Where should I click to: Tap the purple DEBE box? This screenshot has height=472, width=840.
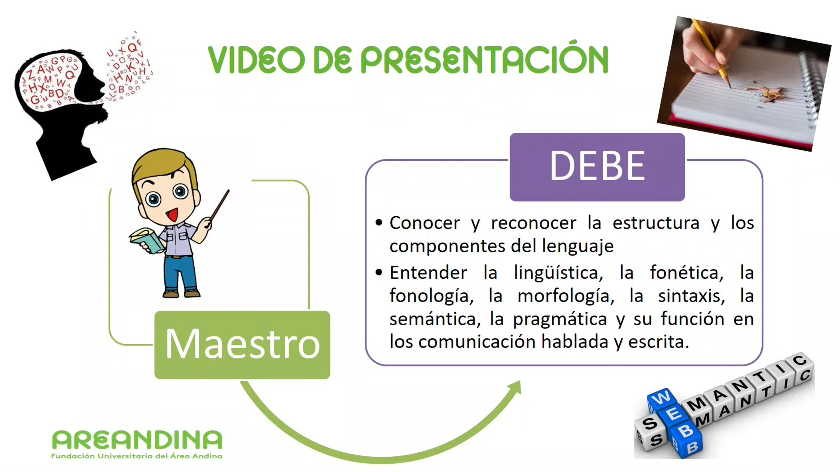[597, 167]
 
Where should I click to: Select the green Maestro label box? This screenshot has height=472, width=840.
[242, 345]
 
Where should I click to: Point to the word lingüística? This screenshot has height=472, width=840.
[559, 273]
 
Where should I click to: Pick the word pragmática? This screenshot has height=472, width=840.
[560, 320]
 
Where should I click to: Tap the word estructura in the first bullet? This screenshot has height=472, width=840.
[656, 223]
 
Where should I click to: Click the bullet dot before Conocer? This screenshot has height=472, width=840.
[379, 222]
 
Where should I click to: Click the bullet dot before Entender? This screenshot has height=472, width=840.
[379, 272]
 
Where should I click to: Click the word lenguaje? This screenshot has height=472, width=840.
[578, 246]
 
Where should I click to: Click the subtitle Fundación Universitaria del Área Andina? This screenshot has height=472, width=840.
[137, 456]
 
